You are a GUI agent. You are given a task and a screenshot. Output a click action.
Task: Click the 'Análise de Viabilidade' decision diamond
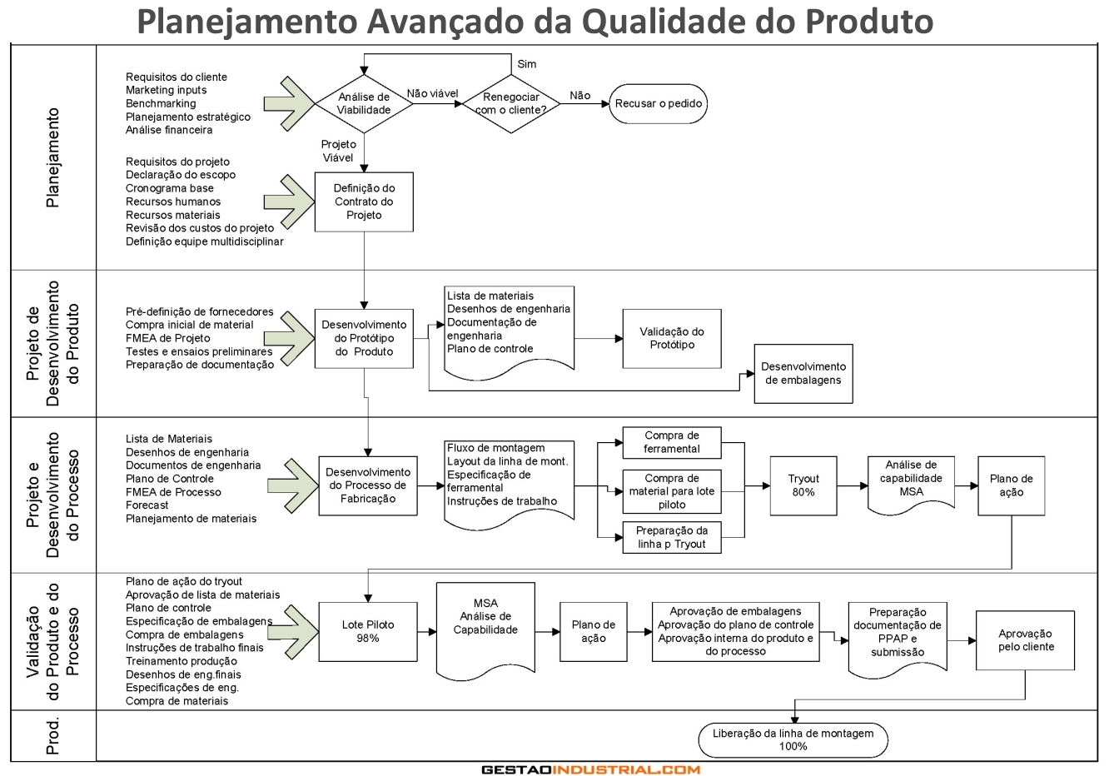point(364,103)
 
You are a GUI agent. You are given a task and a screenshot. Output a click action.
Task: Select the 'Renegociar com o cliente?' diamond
point(511,103)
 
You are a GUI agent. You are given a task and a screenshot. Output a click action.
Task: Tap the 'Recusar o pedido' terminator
point(658,104)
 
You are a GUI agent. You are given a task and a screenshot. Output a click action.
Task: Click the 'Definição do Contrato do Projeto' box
point(364,201)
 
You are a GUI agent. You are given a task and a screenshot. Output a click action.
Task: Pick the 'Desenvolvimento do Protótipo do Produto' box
point(364,338)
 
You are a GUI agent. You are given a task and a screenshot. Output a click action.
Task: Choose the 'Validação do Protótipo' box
point(672,338)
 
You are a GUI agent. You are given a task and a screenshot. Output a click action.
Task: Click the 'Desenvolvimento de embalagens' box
point(803,374)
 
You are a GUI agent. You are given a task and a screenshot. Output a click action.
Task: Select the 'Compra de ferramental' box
point(672,442)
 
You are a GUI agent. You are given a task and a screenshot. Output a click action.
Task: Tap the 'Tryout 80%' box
point(803,485)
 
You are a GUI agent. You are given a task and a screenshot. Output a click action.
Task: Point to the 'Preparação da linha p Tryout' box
point(672,537)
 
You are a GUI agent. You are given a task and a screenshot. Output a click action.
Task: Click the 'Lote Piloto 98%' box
point(368,631)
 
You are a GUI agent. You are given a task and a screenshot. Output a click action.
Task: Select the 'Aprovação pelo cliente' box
point(1026,640)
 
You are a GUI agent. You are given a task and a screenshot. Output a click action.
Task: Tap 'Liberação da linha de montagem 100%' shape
point(793,739)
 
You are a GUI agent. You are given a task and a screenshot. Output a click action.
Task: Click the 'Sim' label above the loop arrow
point(527,64)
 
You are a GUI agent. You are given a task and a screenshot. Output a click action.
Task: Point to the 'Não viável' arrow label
point(432,93)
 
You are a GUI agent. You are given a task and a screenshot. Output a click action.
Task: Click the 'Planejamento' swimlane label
point(53,157)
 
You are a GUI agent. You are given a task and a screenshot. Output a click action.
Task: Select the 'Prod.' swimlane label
point(53,736)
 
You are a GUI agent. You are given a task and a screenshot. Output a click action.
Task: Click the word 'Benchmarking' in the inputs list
point(161,103)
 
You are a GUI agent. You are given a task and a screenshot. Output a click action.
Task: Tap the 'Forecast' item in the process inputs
point(147,505)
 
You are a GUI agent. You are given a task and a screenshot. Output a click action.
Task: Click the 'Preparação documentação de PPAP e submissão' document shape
point(898,633)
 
